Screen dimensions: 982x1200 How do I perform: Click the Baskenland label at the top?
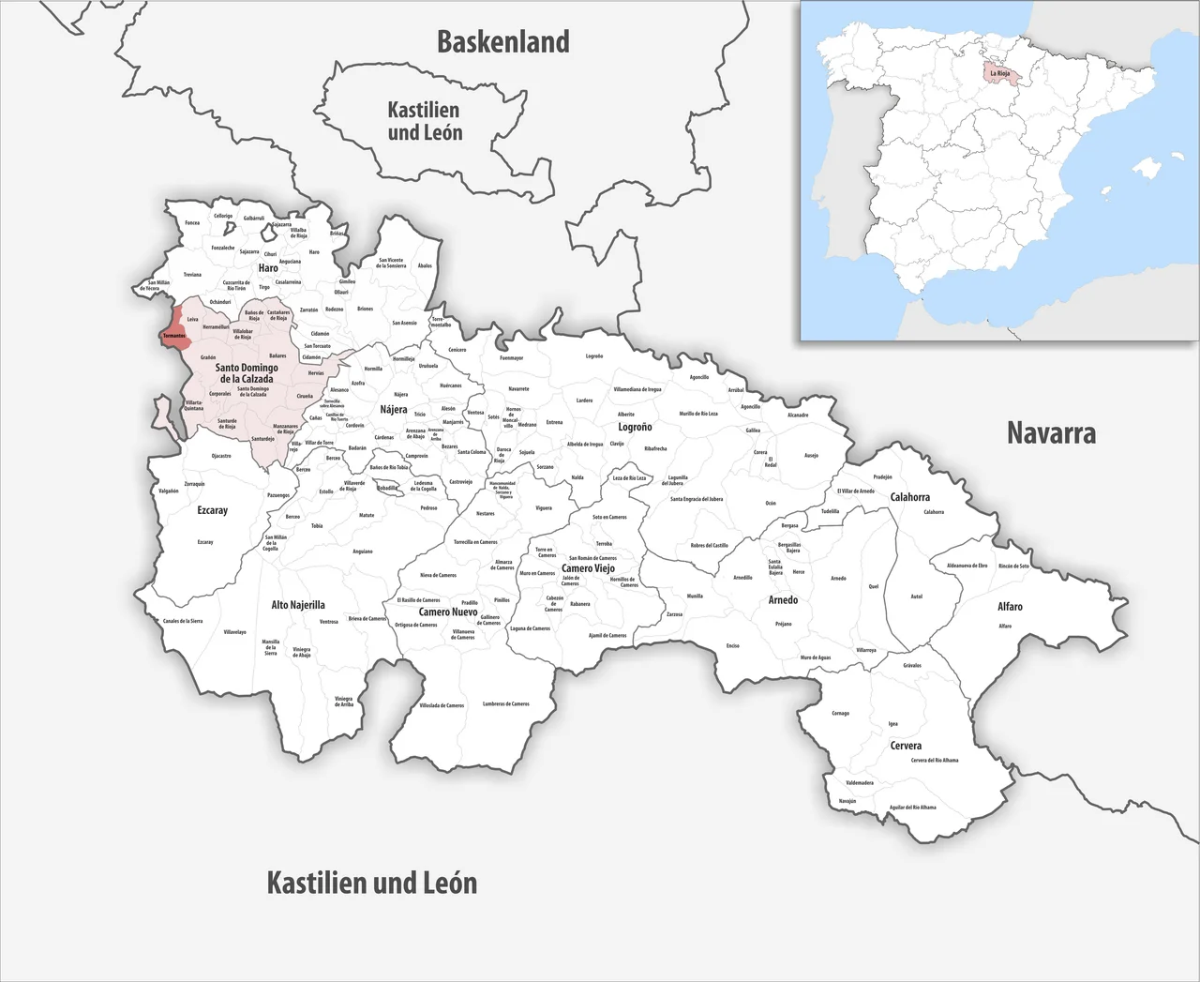pyautogui.click(x=503, y=42)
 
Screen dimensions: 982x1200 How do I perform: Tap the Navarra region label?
pyautogui.click(x=1051, y=432)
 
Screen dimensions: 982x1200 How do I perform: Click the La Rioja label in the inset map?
pyautogui.click(x=999, y=72)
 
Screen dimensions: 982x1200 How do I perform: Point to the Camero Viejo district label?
pyautogui.click(x=588, y=568)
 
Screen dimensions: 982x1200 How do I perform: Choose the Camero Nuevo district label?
pyautogui.click(x=448, y=612)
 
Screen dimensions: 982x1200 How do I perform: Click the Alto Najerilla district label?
pyautogui.click(x=298, y=605)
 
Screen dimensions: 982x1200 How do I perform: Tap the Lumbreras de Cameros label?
pyautogui.click(x=506, y=703)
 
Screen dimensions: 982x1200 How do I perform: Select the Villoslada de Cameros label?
pyautogui.click(x=442, y=705)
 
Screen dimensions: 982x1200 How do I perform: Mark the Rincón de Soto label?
pyautogui.click(x=1013, y=566)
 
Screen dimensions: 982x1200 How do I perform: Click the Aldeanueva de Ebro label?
pyautogui.click(x=967, y=566)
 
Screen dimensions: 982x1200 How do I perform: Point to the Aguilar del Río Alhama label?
pyautogui.click(x=912, y=807)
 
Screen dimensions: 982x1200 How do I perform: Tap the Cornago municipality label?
pyautogui.click(x=840, y=713)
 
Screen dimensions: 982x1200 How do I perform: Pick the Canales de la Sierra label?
pyautogui.click(x=183, y=621)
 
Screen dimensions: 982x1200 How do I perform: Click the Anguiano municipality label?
pyautogui.click(x=362, y=551)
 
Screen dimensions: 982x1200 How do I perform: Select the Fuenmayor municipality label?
pyautogui.click(x=511, y=358)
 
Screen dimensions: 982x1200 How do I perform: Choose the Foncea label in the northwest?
pyautogui.click(x=192, y=223)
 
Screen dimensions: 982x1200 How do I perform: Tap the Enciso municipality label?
pyautogui.click(x=732, y=645)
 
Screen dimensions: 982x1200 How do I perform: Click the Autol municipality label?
pyautogui.click(x=916, y=597)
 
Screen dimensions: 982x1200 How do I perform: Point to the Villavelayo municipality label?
pyautogui.click(x=234, y=632)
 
